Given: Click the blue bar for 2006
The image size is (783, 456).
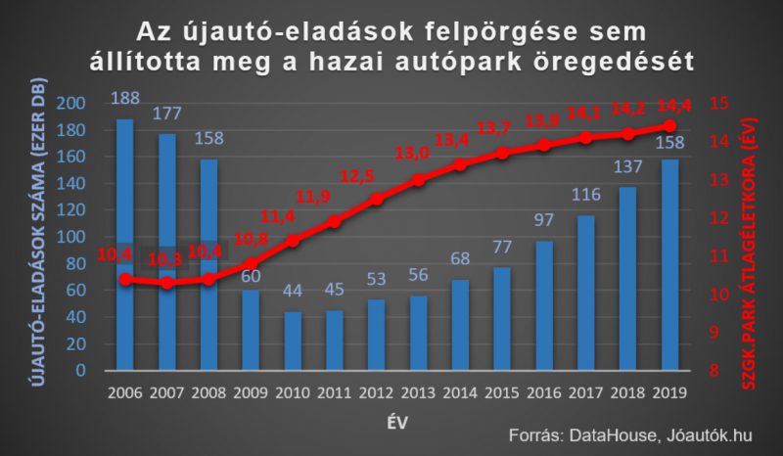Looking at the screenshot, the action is click(x=125, y=245).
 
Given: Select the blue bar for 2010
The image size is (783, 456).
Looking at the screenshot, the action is click(x=293, y=342).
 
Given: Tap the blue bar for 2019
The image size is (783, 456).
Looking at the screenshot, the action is click(x=670, y=265).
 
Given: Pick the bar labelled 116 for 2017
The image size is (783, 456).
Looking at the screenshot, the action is click(x=586, y=293).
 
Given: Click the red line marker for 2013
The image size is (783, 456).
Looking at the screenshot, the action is click(x=419, y=180).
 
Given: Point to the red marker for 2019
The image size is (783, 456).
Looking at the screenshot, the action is click(x=670, y=125).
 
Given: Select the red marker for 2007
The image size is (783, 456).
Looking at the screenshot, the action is click(x=167, y=283).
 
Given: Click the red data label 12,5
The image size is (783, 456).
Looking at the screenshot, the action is click(x=357, y=176).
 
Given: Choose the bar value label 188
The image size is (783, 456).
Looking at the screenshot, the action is click(x=125, y=98).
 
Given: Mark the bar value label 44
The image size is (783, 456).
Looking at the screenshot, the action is click(x=293, y=291).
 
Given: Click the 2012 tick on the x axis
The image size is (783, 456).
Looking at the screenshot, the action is click(x=377, y=392).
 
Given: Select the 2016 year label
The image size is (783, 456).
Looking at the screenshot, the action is click(x=544, y=392).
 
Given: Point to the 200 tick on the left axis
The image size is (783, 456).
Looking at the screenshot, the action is click(x=70, y=104).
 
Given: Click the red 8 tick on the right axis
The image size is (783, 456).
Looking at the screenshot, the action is click(x=714, y=371).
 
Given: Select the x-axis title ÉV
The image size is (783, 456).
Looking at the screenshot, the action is click(x=397, y=423).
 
